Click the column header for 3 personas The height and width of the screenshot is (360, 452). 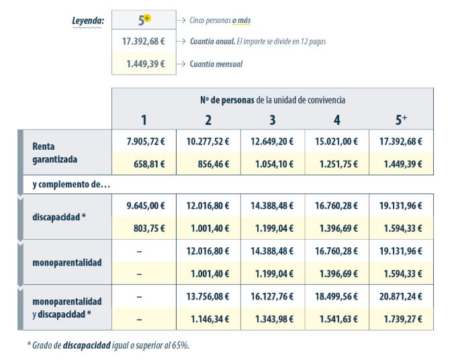[x=272, y=120]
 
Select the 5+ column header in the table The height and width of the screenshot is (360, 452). [x=401, y=120]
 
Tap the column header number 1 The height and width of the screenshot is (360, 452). [x=144, y=120]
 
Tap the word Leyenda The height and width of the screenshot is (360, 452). [x=88, y=20]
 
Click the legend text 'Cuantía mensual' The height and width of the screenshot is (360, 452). [x=216, y=64]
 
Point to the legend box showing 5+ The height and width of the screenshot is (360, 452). [x=144, y=20]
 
